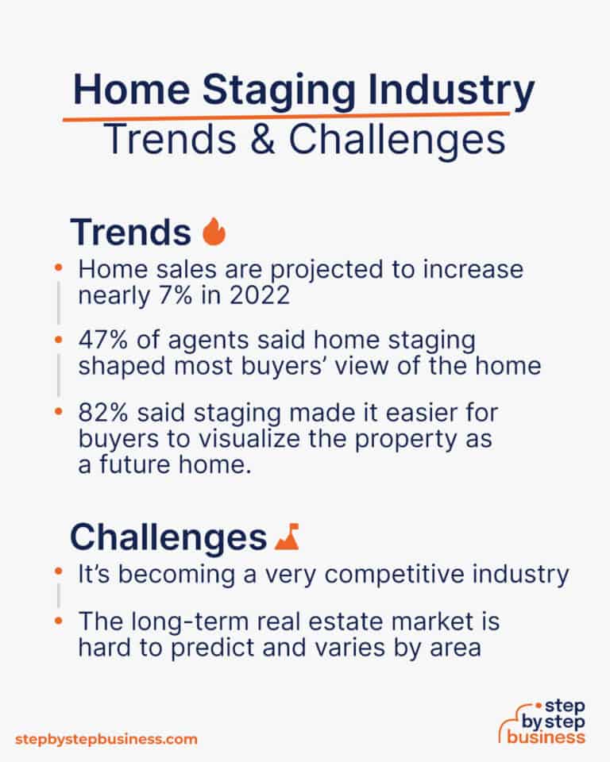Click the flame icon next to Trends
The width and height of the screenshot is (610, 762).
(x=214, y=232)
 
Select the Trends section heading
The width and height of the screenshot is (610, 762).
(x=130, y=232)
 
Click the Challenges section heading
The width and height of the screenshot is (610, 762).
(x=168, y=537)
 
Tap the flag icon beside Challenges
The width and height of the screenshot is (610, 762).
(x=286, y=537)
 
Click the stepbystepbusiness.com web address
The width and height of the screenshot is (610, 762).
(x=105, y=739)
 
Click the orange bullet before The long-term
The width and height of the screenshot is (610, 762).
(x=58, y=620)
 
